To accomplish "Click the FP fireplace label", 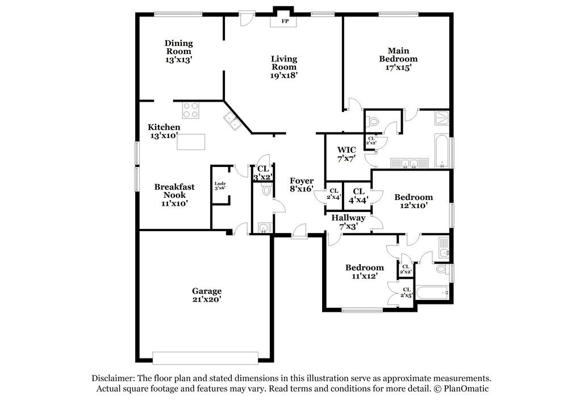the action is coord(285,21).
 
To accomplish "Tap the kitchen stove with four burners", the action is coord(190,110).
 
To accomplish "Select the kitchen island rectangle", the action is coord(191,141).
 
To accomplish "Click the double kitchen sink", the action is coord(232,122).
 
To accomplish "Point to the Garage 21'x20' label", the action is coord(207,295).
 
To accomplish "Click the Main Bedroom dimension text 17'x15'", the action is coord(399,68).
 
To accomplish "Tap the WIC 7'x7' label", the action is coord(346,154).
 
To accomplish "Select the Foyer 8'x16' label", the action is coord(302,185).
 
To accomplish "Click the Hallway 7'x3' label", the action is coord(349,222).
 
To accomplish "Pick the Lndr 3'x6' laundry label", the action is coord(220,186).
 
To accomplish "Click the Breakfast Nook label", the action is coord(174,191).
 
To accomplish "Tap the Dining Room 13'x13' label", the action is coord(178,52).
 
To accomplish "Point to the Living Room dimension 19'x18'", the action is coord(284,76).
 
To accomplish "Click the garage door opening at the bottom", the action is coord(205,358).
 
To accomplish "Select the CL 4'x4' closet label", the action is coord(358,195).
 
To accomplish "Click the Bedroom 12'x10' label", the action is coord(414,202).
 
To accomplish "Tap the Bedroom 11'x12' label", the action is coord(365,272).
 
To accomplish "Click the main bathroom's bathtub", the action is coord(441,152).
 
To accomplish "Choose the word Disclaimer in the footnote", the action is coord(113,378).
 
